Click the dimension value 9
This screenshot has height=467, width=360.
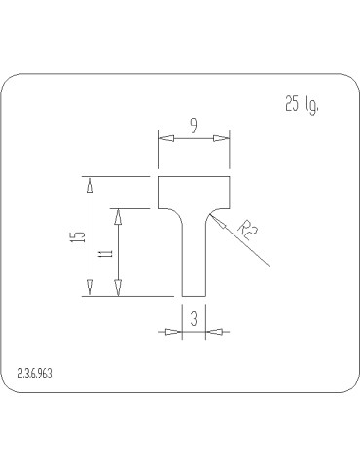pyautogui.click(x=194, y=126)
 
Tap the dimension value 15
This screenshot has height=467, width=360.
pyautogui.click(x=80, y=236)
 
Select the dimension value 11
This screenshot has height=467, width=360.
pyautogui.click(x=108, y=253)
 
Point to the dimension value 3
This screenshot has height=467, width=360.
pyautogui.click(x=194, y=319)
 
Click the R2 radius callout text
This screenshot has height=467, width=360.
pyautogui.click(x=248, y=230)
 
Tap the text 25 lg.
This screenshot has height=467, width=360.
pyautogui.click(x=302, y=105)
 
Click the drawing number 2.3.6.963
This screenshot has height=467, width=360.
pyautogui.click(x=35, y=374)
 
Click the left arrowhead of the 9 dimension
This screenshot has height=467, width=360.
pyautogui.click(x=165, y=138)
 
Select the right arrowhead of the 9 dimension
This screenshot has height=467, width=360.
pyautogui.click(x=222, y=138)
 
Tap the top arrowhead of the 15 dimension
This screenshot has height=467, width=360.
pyautogui.click(x=90, y=185)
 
